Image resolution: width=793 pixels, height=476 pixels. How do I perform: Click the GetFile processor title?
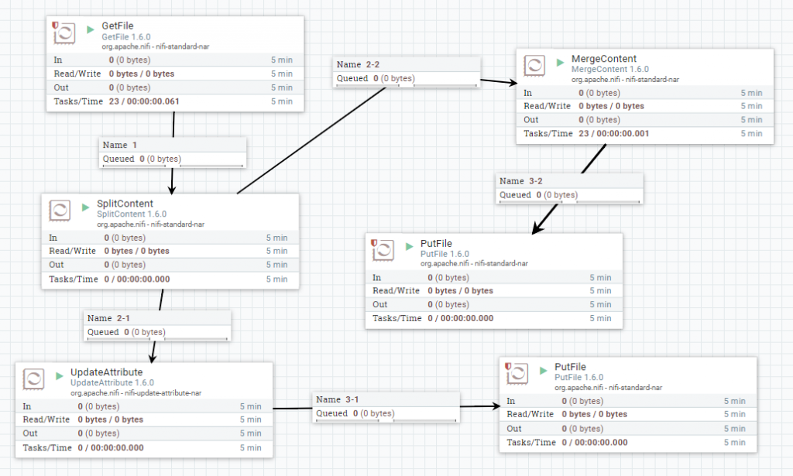point(118,26)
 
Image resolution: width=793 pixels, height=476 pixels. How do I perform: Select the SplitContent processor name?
point(125,204)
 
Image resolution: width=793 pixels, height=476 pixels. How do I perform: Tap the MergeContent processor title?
point(604,59)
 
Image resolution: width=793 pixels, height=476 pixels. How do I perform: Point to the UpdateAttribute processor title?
point(106,372)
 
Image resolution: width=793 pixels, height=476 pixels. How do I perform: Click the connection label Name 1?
point(120,145)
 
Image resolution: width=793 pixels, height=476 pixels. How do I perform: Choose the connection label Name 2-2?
point(358,65)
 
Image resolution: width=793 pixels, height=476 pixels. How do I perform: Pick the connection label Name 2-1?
point(108,318)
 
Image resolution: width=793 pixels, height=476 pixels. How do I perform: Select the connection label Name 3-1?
point(338,399)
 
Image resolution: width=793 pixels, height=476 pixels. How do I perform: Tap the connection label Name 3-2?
point(521,181)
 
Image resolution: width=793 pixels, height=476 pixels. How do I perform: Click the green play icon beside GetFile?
point(91,29)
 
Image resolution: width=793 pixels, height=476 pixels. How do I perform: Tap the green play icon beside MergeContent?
point(560,62)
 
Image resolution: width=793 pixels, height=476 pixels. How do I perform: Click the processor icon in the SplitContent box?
point(60,211)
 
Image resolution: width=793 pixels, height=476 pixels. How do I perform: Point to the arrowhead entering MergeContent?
point(513,83)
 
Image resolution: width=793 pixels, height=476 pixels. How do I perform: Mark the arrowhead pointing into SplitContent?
point(172,190)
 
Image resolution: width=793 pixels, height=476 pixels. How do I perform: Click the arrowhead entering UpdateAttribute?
point(153,358)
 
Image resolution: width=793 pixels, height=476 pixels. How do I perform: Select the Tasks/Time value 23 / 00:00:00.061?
point(144,101)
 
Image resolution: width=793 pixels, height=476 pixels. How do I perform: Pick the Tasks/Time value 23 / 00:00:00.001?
point(614,134)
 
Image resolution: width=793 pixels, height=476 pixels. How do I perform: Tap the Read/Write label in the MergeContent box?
point(548,106)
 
